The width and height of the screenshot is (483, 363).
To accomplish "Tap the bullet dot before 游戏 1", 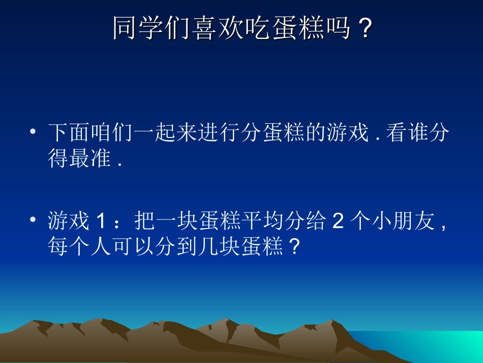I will [x=33, y=220].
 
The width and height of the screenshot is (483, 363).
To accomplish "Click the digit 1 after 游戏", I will [x=101, y=221].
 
